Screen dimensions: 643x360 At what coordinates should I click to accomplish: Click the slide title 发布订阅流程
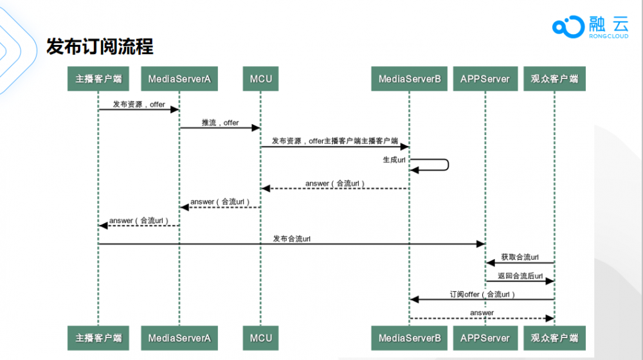(x=100, y=46)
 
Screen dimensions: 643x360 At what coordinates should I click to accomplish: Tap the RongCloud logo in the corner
(x=590, y=27)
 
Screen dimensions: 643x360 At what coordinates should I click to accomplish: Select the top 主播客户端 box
(x=98, y=78)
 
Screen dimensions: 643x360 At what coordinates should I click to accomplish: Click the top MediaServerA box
(x=179, y=78)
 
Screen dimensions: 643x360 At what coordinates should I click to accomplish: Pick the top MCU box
(x=261, y=78)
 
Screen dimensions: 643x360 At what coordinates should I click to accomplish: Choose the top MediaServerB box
(x=409, y=78)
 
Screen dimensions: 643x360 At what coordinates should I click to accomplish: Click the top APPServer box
(x=485, y=78)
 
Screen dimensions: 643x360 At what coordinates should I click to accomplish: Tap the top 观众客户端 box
(x=554, y=78)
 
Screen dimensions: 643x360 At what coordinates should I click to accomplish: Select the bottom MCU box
(x=261, y=338)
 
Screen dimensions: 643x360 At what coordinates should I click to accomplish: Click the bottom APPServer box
(x=485, y=338)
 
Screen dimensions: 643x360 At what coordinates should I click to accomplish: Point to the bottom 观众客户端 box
(x=554, y=338)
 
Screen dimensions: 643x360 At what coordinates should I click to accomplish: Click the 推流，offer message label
(x=220, y=123)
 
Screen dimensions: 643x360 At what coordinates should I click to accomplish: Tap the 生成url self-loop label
(x=394, y=159)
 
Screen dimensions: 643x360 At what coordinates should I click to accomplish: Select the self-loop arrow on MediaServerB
(x=448, y=165)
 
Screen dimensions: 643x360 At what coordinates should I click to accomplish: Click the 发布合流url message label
(x=291, y=239)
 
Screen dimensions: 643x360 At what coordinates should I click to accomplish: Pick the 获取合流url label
(x=520, y=257)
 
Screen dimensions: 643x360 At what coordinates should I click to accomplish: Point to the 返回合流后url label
(x=520, y=276)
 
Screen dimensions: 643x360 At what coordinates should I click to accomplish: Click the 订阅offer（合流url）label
(x=482, y=294)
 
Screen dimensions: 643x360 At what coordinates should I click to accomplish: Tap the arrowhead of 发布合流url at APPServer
(x=480, y=244)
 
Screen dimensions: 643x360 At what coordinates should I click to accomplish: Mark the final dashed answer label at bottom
(x=482, y=313)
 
